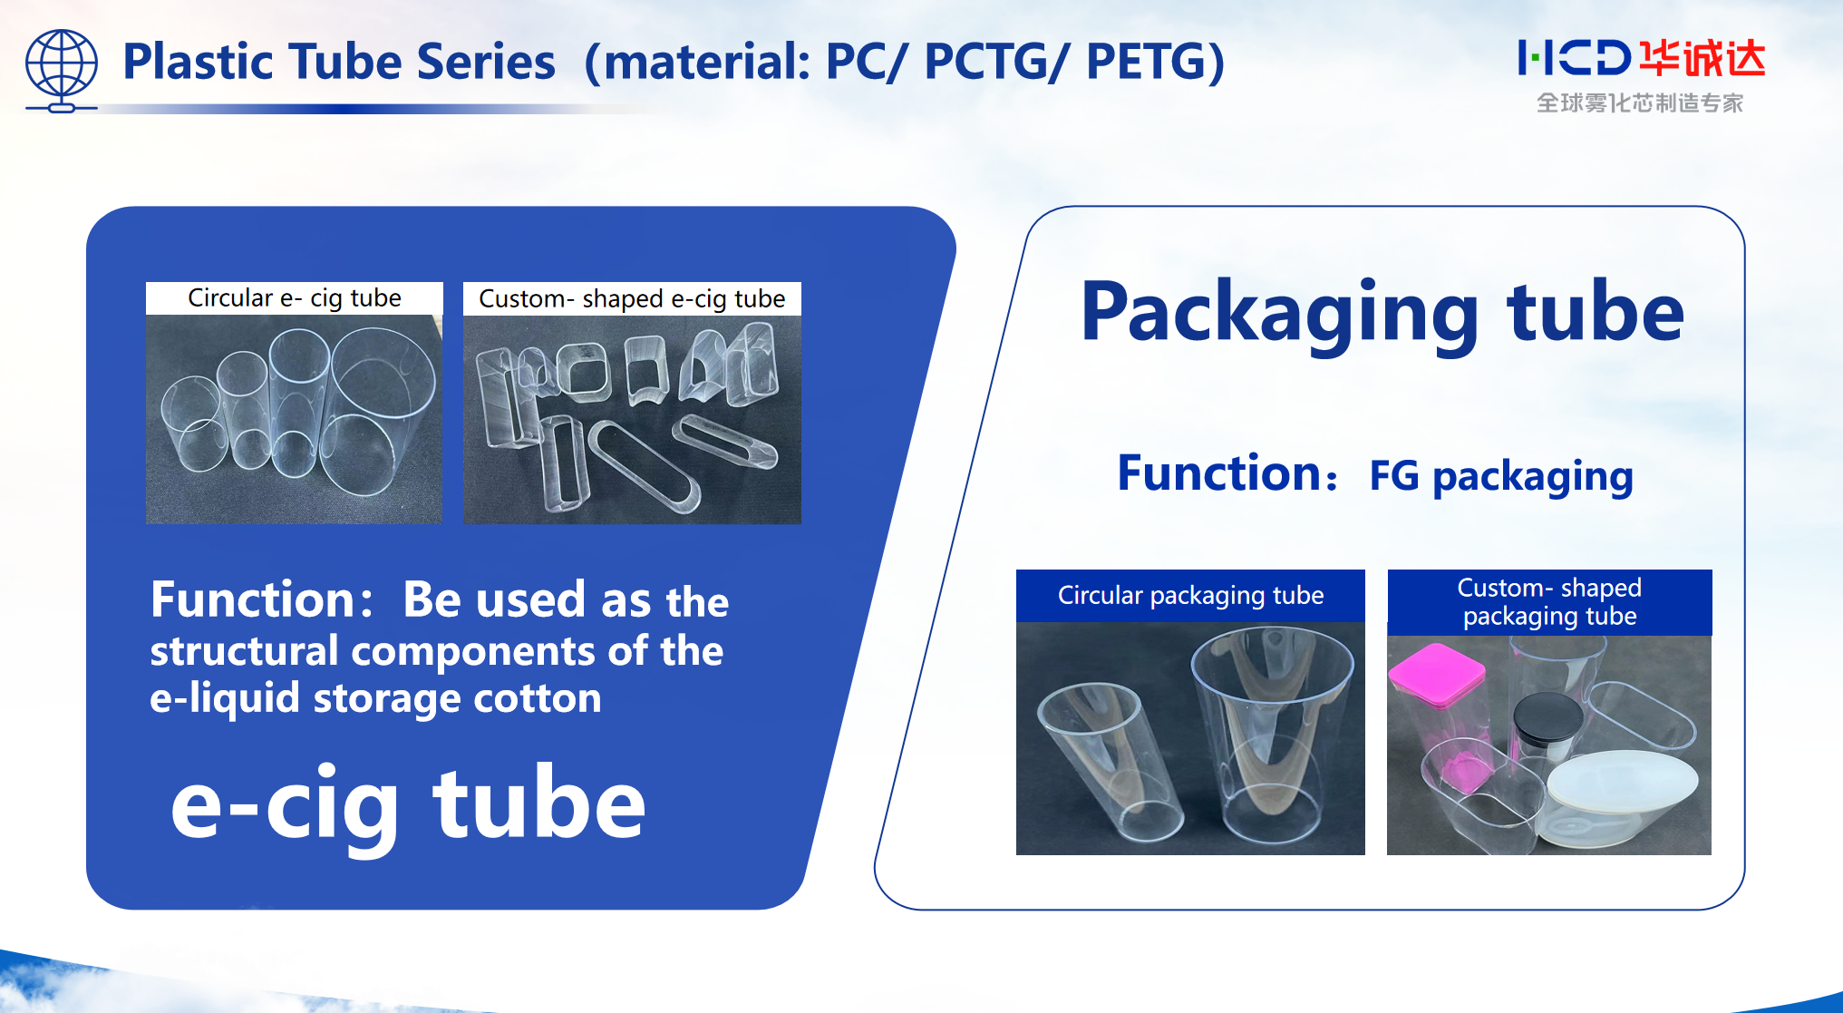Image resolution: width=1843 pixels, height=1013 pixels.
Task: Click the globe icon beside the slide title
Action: (x=61, y=70)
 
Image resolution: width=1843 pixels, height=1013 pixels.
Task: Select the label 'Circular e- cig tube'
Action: (x=294, y=298)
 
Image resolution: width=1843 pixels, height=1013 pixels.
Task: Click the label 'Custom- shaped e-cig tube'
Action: (x=632, y=299)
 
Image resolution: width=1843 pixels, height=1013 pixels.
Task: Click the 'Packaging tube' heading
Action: (x=1382, y=313)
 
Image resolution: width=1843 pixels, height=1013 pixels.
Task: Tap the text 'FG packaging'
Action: (x=1501, y=476)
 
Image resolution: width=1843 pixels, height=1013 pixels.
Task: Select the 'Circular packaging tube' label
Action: (x=1190, y=596)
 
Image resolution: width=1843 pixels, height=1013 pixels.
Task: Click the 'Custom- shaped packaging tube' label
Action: (x=1549, y=602)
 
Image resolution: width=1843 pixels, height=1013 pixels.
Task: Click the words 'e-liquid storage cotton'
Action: (x=375, y=698)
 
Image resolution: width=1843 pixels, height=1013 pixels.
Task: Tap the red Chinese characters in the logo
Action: (x=1702, y=58)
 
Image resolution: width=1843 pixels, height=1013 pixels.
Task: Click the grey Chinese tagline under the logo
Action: (x=1640, y=103)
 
